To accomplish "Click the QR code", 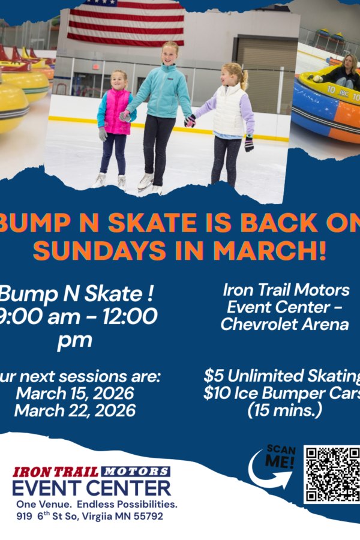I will [x=332, y=473].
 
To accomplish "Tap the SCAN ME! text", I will [x=281, y=458].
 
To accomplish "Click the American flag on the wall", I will [x=125, y=23].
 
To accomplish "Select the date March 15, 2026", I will [x=75, y=394].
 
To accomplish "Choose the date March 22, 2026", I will [x=75, y=410].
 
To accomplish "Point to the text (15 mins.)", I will [x=284, y=411].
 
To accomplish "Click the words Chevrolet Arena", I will [x=284, y=324].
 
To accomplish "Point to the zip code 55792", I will [x=147, y=516].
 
